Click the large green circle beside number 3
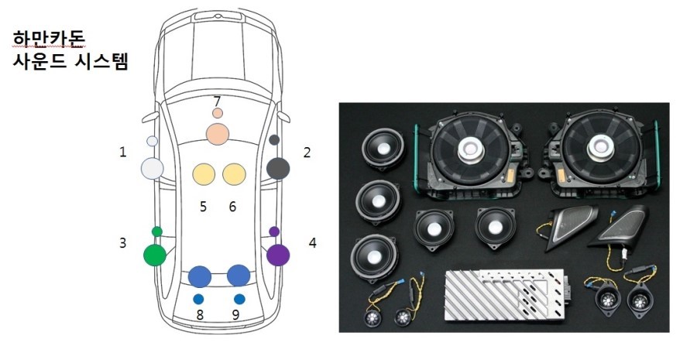155,255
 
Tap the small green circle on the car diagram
157,231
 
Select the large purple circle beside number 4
278,255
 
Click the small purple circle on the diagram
274,231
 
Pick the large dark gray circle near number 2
278,169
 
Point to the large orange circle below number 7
218,134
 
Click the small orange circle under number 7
218,113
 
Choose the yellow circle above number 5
204,174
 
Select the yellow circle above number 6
234,174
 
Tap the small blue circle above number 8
199,299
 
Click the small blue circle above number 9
239,299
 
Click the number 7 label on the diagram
218,101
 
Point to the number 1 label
122,153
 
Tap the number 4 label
313,243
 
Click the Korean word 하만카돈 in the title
49,39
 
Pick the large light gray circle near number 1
153,169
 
